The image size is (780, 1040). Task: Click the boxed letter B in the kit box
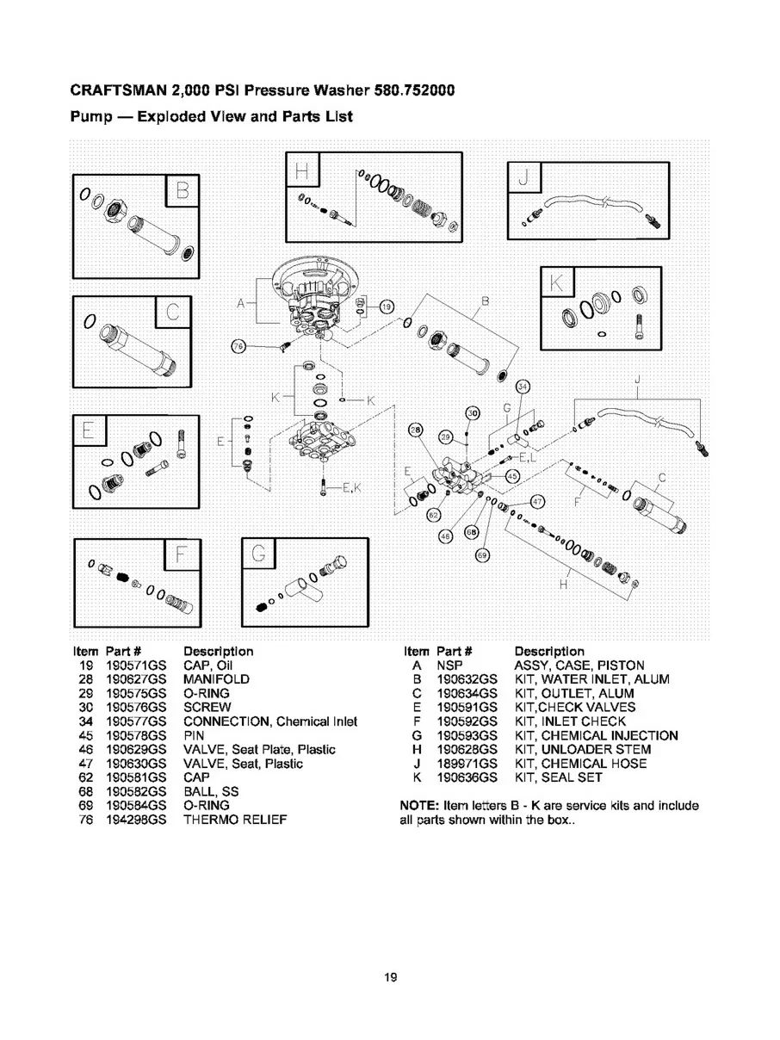(183, 189)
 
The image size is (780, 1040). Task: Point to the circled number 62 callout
(434, 515)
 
